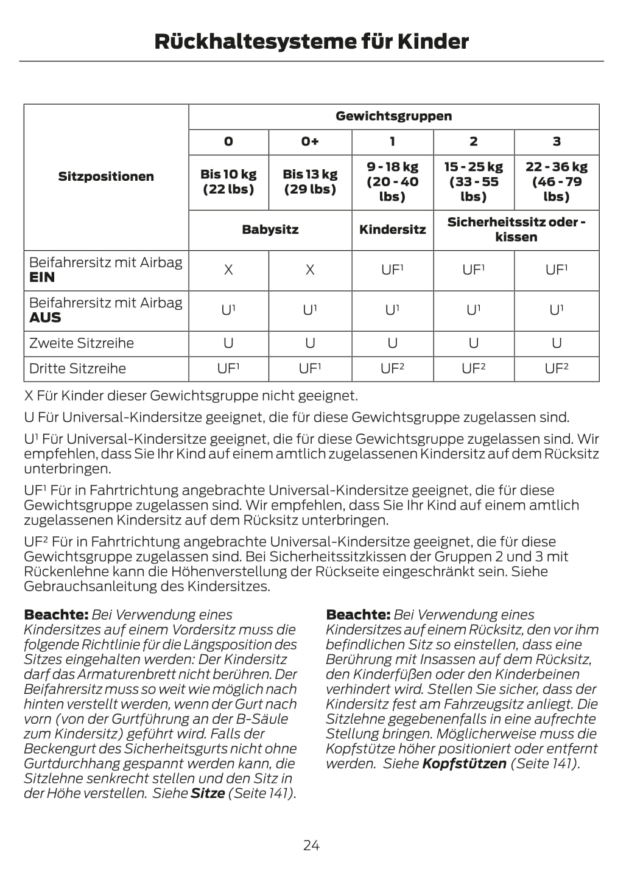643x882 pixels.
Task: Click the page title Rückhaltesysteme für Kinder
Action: click(x=311, y=41)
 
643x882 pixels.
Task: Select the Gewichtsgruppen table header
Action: click(x=393, y=116)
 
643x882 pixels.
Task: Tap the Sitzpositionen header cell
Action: click(x=106, y=177)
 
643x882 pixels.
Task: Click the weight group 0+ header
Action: click(x=310, y=142)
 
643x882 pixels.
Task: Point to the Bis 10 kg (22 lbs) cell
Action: click(x=228, y=181)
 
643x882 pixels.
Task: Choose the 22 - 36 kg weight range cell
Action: click(x=557, y=181)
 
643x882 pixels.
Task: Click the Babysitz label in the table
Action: click(x=270, y=229)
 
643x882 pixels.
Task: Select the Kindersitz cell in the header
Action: click(x=392, y=229)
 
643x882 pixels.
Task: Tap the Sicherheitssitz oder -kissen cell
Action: click(x=516, y=229)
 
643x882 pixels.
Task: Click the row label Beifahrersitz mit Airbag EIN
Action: click(x=106, y=270)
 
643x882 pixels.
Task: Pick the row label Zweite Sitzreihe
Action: click(x=82, y=343)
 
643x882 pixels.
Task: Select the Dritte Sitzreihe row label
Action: click(x=78, y=369)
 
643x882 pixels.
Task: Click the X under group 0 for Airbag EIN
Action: click(x=228, y=270)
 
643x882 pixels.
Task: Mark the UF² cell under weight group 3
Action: click(x=557, y=368)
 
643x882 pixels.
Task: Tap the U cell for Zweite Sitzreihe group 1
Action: click(x=392, y=343)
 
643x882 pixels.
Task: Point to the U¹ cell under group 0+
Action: click(x=310, y=310)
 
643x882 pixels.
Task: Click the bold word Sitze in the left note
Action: click(x=208, y=793)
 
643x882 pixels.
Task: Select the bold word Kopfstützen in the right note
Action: click(x=464, y=763)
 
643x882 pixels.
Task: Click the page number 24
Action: click(x=311, y=845)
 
